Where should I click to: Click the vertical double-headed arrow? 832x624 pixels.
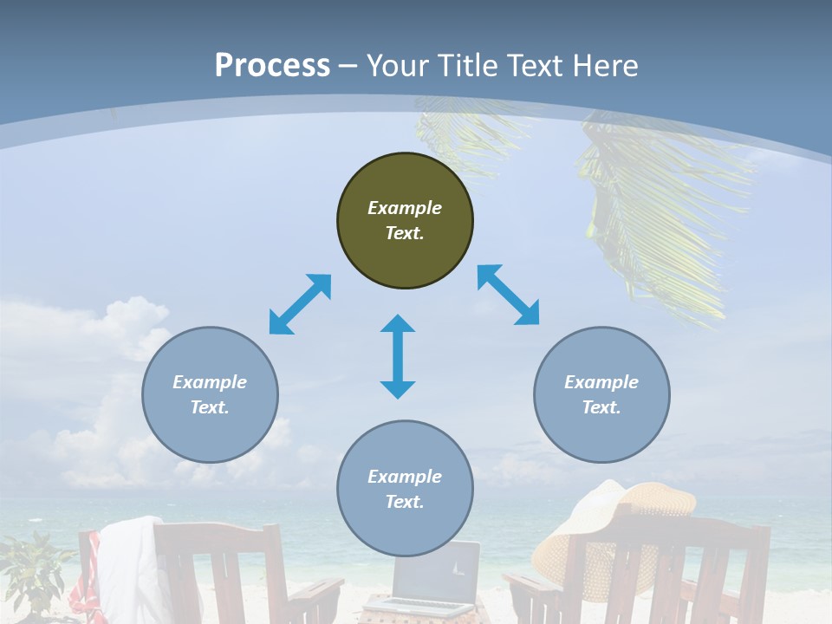398,356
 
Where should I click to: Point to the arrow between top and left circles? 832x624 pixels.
300,304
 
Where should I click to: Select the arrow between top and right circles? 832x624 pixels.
509,295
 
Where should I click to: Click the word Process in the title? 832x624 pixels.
272,65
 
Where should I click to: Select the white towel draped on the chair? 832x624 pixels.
130,563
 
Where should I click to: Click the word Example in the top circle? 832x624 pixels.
405,208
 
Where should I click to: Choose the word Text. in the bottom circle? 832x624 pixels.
405,502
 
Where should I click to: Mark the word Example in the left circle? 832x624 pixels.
210,382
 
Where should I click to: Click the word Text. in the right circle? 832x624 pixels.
601,407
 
